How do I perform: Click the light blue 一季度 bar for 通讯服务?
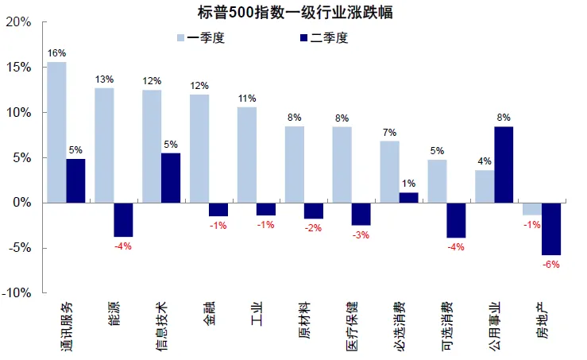[x=56, y=132]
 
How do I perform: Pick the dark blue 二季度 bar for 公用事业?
[x=504, y=165]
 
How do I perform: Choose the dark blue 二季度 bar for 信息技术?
[x=171, y=178]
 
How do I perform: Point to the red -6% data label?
[x=552, y=264]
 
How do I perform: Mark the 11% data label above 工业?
[x=247, y=99]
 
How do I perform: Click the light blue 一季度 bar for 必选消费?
[x=389, y=172]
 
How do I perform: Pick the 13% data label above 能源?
[x=104, y=79]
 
